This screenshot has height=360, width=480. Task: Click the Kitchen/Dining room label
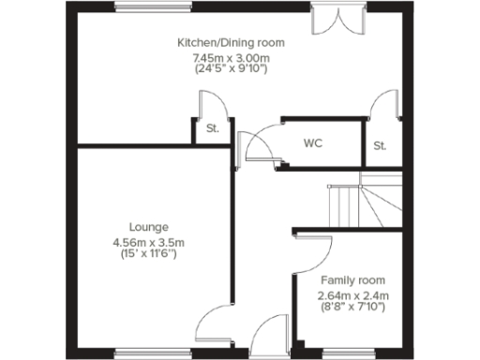pyautogui.click(x=231, y=42)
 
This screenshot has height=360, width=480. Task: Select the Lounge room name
pyautogui.click(x=149, y=227)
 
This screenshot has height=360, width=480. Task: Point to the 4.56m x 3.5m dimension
pyautogui.click(x=149, y=242)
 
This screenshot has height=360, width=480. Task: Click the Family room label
pyautogui.click(x=352, y=280)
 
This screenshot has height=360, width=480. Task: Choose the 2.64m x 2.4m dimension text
pyautogui.click(x=352, y=295)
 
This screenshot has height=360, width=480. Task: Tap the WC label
pyautogui.click(x=312, y=144)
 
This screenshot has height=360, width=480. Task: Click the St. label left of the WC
pyautogui.click(x=213, y=128)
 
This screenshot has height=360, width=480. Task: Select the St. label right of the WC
pyautogui.click(x=380, y=145)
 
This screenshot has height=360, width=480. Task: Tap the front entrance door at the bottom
pyautogui.click(x=270, y=334)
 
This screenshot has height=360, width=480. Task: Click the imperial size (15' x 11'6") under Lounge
pyautogui.click(x=149, y=254)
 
